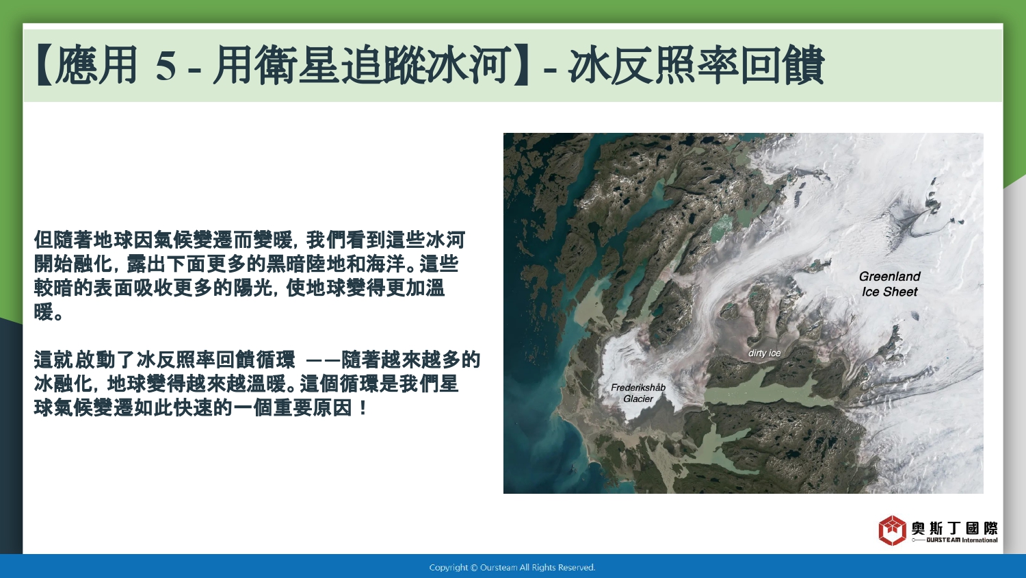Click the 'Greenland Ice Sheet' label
click(x=889, y=284)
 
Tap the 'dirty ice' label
click(x=765, y=353)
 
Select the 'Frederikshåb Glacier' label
click(x=638, y=393)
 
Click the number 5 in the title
click(x=166, y=66)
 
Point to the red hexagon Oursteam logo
click(x=892, y=530)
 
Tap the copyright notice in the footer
click(x=512, y=568)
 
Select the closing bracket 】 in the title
click(x=521, y=66)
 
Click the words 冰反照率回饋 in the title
click(x=696, y=66)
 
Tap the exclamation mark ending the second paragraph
click(x=364, y=407)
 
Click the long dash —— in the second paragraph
click(x=323, y=360)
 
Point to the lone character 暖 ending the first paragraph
click(x=44, y=312)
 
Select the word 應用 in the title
click(x=96, y=66)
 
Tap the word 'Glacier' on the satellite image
click(x=638, y=399)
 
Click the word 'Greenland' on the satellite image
click(x=889, y=276)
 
